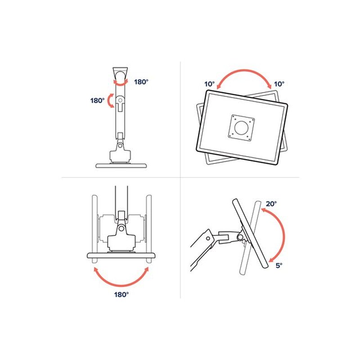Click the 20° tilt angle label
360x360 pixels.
click(x=271, y=203)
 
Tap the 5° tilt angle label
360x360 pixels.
click(x=279, y=265)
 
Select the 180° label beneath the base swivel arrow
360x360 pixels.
click(x=121, y=294)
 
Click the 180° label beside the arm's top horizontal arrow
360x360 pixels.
click(x=141, y=82)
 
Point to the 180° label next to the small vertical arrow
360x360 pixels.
click(x=97, y=100)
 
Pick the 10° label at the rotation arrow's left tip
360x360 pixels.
click(x=209, y=84)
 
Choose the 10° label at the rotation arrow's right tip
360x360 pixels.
click(x=279, y=84)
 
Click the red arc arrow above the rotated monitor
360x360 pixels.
click(x=244, y=71)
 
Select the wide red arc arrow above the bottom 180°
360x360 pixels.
click(x=121, y=285)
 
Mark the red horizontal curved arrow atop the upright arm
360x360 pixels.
click(x=121, y=84)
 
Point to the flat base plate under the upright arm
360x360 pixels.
click(x=121, y=166)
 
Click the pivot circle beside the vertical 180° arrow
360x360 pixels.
click(x=120, y=100)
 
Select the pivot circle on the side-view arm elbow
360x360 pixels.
click(x=208, y=238)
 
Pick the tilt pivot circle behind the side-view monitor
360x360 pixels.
click(x=240, y=237)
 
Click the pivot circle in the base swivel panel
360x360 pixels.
click(x=121, y=229)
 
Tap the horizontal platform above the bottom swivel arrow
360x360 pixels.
click(x=121, y=255)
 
